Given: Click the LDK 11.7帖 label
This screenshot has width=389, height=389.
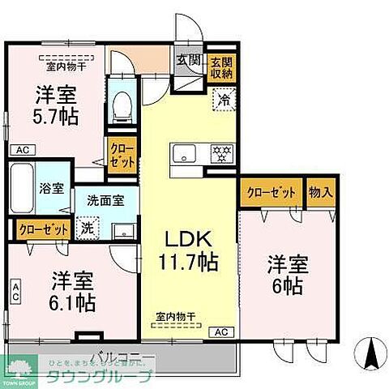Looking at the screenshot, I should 188,251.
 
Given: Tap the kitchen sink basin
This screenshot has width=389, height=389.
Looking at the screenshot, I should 182,152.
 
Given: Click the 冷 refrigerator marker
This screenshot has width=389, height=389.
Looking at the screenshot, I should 222,100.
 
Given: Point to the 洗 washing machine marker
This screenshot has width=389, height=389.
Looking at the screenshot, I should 85,229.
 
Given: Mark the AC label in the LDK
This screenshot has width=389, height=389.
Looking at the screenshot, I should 220,331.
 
